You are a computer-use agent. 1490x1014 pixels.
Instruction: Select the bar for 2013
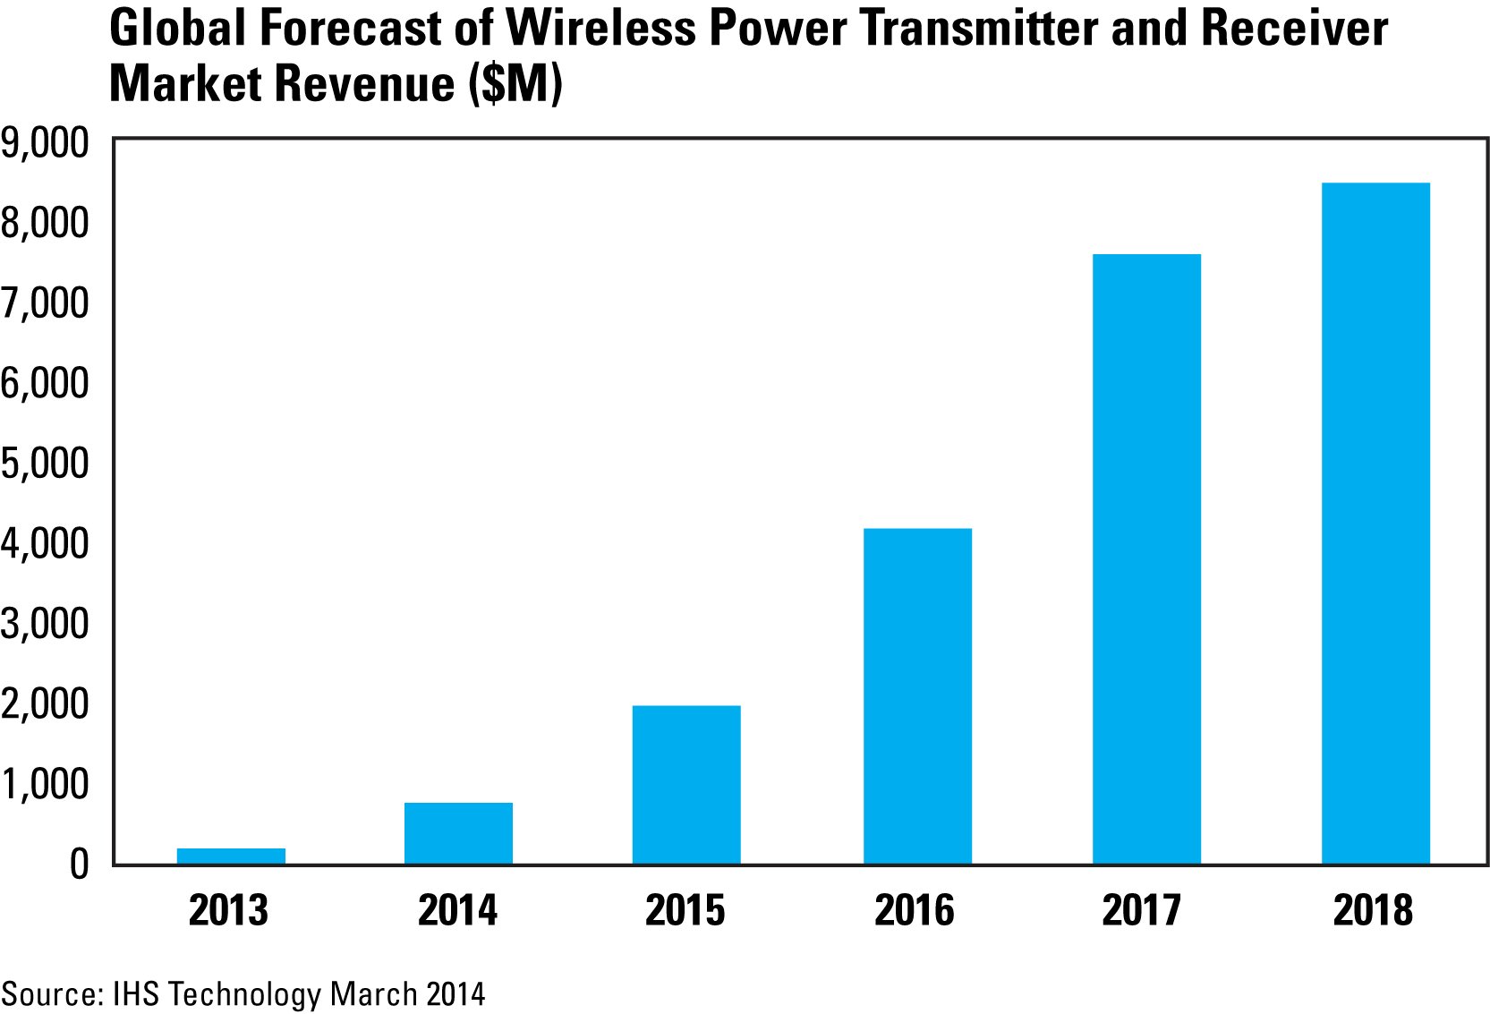pyautogui.click(x=231, y=856)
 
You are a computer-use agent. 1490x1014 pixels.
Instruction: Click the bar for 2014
pyautogui.click(x=458, y=833)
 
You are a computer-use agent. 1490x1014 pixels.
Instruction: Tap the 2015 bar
pyautogui.click(x=686, y=785)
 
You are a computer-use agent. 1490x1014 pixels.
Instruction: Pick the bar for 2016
pyautogui.click(x=917, y=696)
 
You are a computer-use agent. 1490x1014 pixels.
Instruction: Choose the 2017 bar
pyautogui.click(x=1146, y=559)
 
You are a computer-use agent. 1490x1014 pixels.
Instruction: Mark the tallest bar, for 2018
pyautogui.click(x=1375, y=524)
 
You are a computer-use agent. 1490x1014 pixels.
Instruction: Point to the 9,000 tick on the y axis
pyautogui.click(x=45, y=143)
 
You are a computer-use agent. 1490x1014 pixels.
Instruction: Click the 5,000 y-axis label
pyautogui.click(x=45, y=464)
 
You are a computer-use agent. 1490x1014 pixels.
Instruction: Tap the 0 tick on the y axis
pyautogui.click(x=79, y=865)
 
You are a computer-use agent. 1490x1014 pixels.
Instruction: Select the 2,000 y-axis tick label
pyautogui.click(x=45, y=704)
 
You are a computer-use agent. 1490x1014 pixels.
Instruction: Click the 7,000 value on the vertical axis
pyautogui.click(x=45, y=303)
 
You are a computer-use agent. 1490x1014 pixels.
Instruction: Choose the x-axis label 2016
pyautogui.click(x=915, y=911)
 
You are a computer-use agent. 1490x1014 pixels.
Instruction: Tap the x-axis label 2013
pyautogui.click(x=229, y=911)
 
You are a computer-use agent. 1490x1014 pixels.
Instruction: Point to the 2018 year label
pyautogui.click(x=1373, y=911)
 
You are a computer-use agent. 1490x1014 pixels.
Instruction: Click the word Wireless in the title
pyautogui.click(x=600, y=29)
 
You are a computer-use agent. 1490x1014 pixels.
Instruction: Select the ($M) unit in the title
pyautogui.click(x=516, y=84)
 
